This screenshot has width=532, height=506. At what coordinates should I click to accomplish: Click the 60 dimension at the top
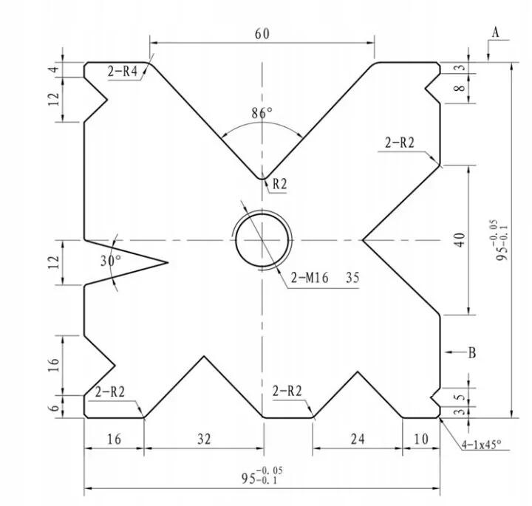[262, 34]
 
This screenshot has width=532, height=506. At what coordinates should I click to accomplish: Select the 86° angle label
[262, 113]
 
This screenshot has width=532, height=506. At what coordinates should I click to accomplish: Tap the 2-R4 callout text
[123, 72]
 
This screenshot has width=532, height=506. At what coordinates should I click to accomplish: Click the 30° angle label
[109, 261]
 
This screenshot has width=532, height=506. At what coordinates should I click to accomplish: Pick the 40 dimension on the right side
[460, 239]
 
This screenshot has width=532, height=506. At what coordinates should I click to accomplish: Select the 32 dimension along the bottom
[204, 439]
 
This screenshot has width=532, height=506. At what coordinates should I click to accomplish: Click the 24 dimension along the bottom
[358, 439]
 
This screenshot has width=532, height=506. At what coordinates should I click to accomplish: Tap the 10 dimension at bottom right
[420, 439]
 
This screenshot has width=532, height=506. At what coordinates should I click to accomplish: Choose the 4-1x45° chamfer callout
[480, 444]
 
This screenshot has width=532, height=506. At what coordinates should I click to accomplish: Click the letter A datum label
[496, 32]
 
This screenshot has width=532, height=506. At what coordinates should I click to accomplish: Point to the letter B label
[471, 352]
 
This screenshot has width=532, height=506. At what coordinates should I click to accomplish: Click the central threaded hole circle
[262, 241]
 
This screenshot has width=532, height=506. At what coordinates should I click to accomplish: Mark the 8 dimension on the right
[460, 89]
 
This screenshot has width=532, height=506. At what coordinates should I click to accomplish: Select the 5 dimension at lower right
[460, 396]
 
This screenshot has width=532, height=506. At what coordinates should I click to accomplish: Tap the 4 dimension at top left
[53, 69]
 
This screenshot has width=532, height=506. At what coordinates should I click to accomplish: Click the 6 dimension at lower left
[53, 407]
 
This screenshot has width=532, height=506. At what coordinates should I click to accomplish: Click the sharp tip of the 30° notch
[168, 261]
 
